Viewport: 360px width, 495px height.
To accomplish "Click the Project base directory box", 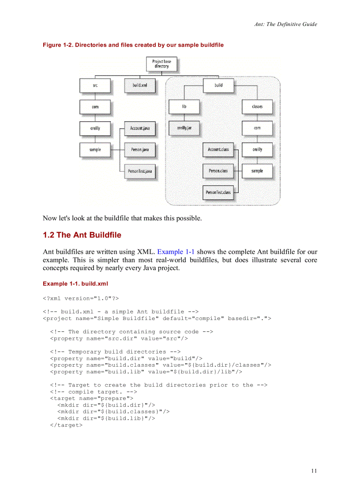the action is click(161, 64).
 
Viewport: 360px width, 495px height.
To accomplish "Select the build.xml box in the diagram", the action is click(140, 85).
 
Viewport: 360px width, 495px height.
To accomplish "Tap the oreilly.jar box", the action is click(184, 128).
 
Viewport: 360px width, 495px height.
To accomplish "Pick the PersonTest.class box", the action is click(218, 192).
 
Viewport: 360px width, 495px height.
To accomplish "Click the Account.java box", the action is click(139, 128).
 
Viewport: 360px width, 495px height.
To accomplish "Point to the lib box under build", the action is click(184, 107).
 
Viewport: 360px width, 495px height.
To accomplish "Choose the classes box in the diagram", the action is click(257, 107).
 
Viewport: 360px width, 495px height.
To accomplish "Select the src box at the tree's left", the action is click(95, 85).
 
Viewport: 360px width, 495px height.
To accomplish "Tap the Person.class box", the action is click(218, 171).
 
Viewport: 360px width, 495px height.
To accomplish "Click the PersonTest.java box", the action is click(139, 171).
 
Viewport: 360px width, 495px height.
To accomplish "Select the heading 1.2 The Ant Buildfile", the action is click(82, 235).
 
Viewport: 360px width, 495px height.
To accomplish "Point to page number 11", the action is click(314, 471).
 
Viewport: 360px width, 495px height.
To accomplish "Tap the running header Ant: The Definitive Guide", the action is click(285, 24).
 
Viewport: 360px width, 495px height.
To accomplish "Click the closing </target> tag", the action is click(66, 425).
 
